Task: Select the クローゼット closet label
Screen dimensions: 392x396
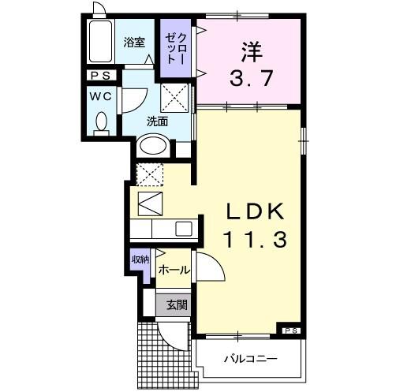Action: tap(175, 49)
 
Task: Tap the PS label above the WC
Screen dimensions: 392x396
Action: tap(101, 76)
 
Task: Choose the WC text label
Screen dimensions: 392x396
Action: tap(100, 97)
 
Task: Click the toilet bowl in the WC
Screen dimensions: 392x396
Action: tap(100, 122)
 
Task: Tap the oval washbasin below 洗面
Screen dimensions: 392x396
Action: tap(153, 147)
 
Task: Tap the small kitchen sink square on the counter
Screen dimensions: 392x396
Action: tap(183, 230)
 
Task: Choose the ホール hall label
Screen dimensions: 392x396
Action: tap(174, 270)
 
